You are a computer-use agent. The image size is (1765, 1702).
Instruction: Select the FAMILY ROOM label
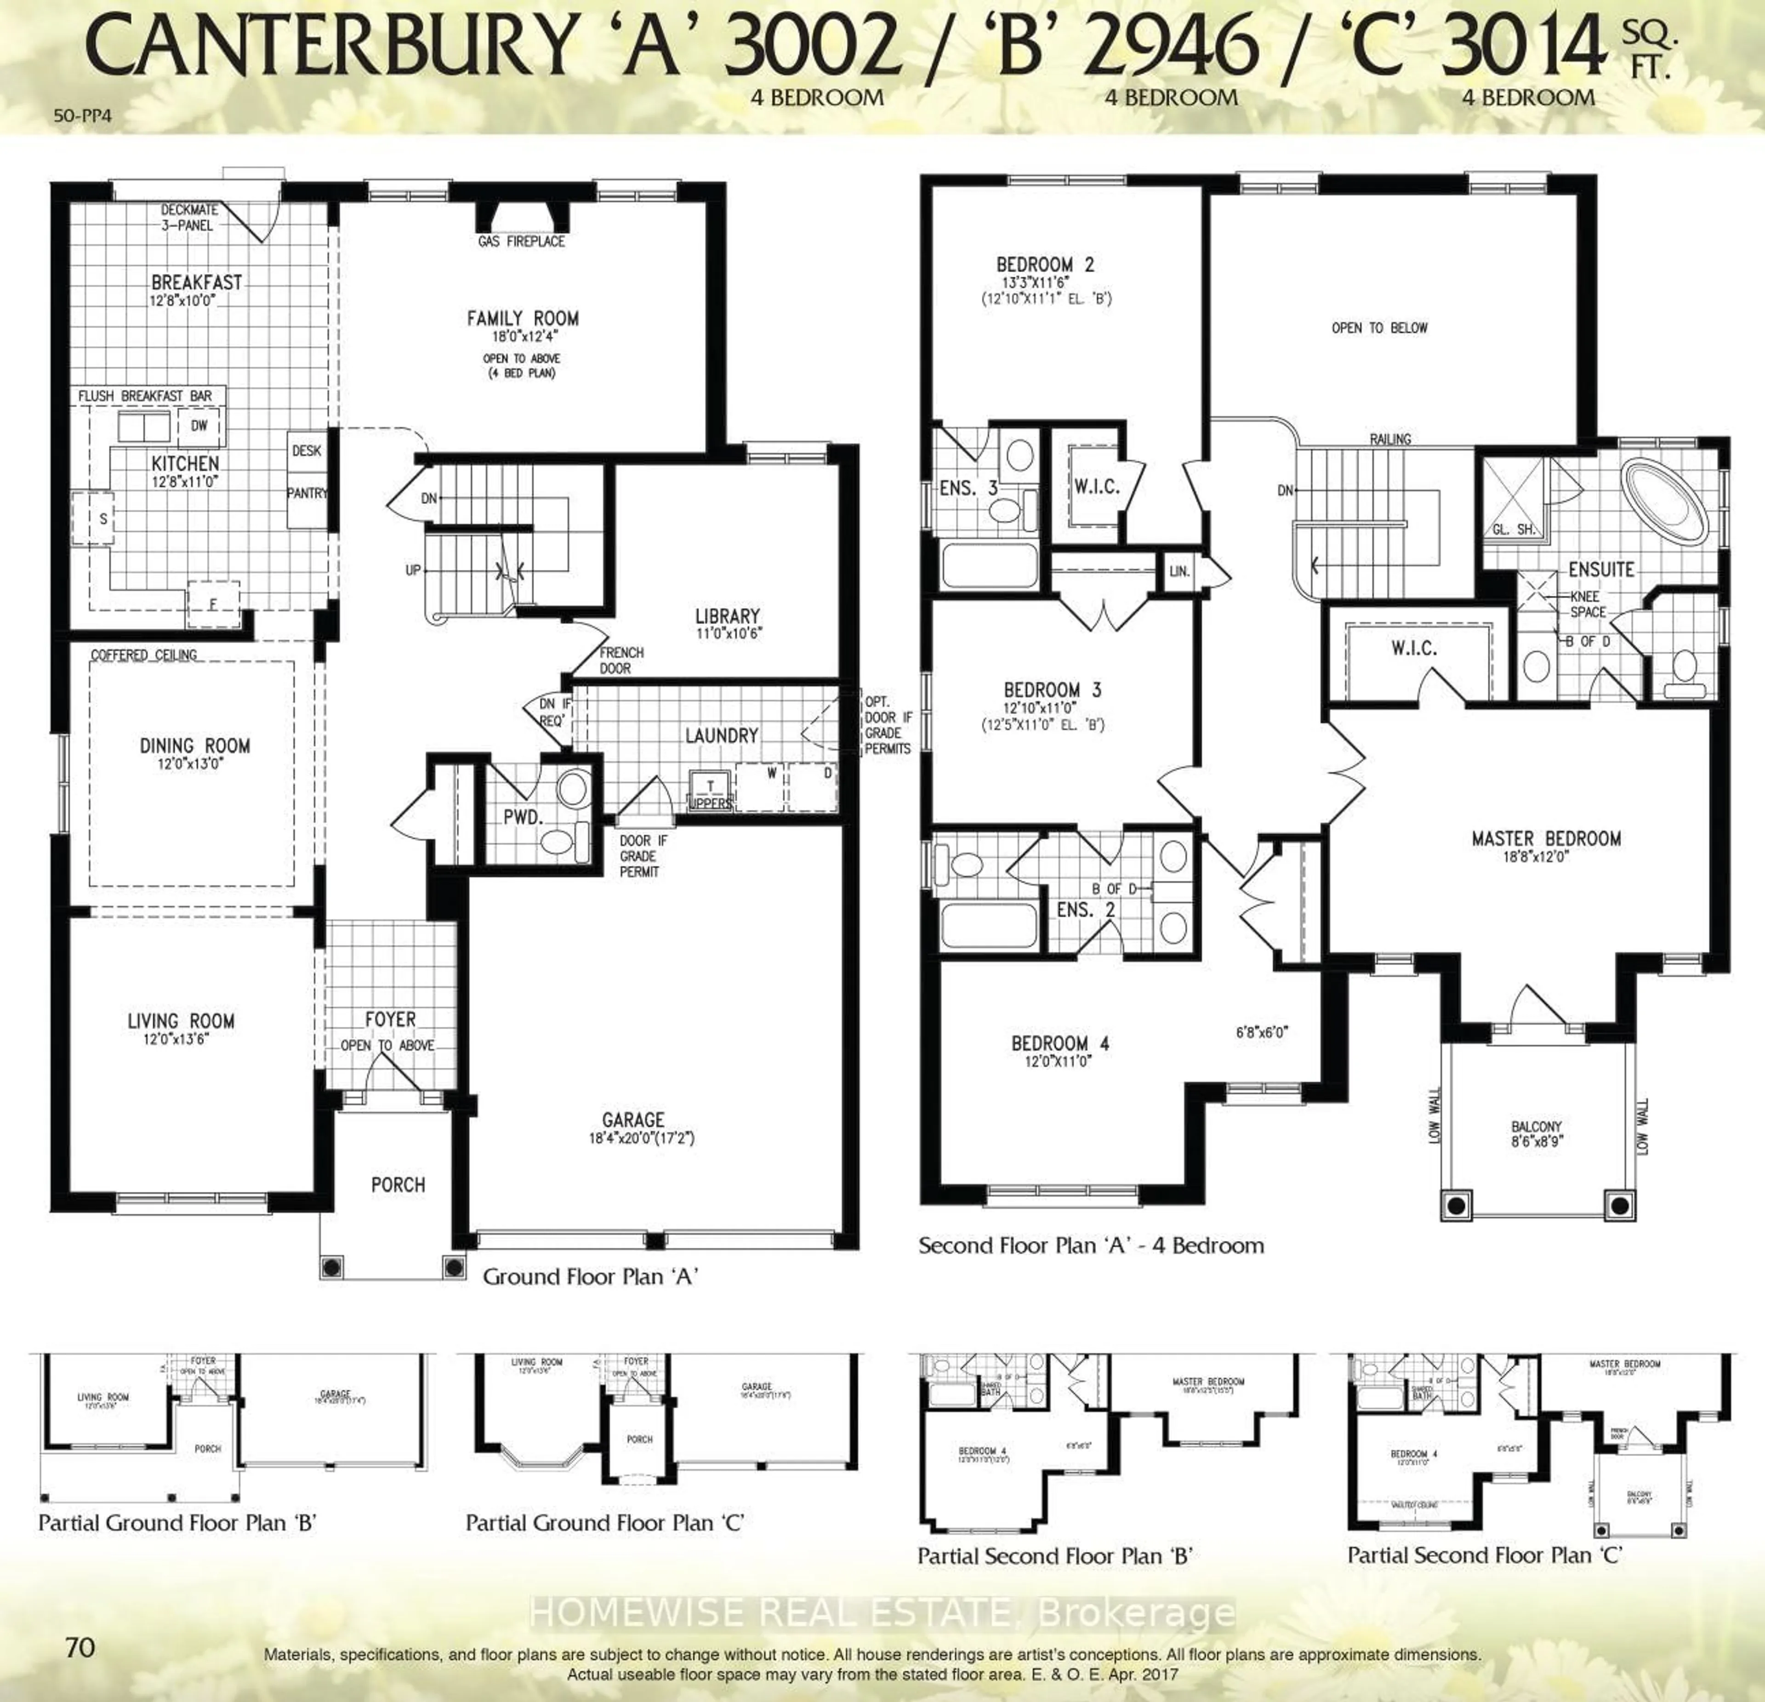pyautogui.click(x=522, y=318)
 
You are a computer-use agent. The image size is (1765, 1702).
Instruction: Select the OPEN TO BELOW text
pyautogui.click(x=1379, y=328)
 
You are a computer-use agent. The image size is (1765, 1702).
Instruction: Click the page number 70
pyautogui.click(x=80, y=1647)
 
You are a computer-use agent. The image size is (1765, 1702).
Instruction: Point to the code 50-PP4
pyautogui.click(x=83, y=115)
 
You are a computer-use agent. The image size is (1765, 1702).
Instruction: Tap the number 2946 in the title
pyautogui.click(x=1169, y=47)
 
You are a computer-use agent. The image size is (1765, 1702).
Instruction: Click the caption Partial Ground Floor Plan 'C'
pyautogui.click(x=604, y=1523)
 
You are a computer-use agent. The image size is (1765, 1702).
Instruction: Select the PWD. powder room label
pyautogui.click(x=522, y=818)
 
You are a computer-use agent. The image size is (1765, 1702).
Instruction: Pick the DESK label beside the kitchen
pyautogui.click(x=306, y=450)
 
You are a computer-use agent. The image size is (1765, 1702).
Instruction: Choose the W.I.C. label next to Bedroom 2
pyautogui.click(x=1096, y=487)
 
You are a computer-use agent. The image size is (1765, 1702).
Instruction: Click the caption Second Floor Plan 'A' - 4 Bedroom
pyautogui.click(x=1091, y=1246)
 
